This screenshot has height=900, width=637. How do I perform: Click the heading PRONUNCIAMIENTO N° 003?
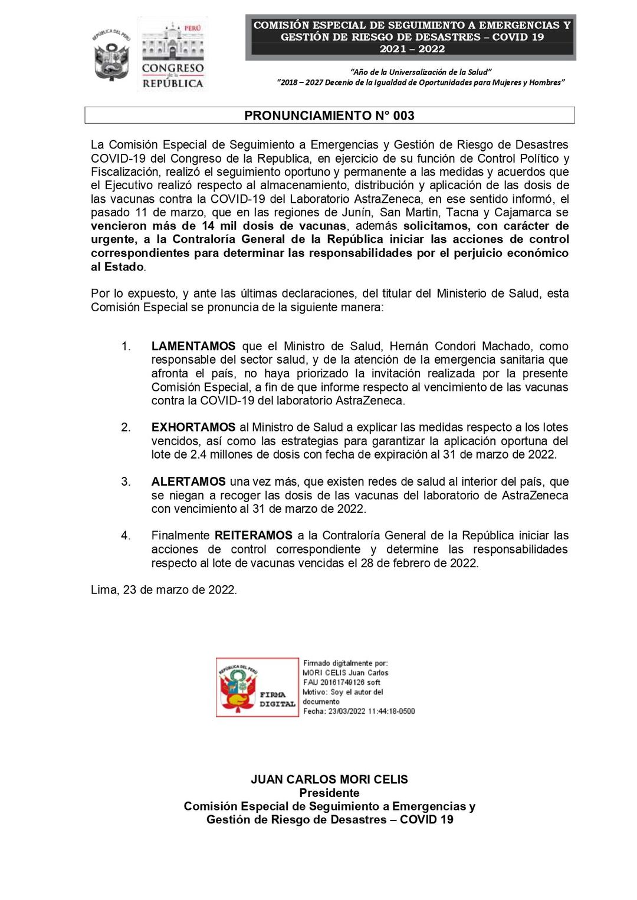click(329, 116)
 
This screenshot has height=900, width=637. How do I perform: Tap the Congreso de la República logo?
click(173, 54)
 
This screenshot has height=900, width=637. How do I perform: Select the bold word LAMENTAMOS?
click(193, 346)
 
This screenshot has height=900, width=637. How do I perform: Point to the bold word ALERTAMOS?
click(188, 482)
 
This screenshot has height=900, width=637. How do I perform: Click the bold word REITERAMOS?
click(254, 536)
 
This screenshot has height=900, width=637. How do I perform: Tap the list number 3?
click(126, 482)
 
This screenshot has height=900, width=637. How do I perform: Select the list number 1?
click(126, 346)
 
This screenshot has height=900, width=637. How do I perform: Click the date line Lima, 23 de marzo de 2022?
click(164, 590)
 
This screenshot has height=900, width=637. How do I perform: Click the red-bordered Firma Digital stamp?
click(257, 687)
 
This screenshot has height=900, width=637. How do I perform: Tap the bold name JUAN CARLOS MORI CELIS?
click(329, 779)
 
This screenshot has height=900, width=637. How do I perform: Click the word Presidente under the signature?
click(329, 793)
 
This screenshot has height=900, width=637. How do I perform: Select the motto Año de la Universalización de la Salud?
click(421, 72)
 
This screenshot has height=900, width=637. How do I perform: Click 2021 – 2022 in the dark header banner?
click(412, 49)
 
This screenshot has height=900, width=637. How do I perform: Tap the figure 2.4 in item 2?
click(198, 454)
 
